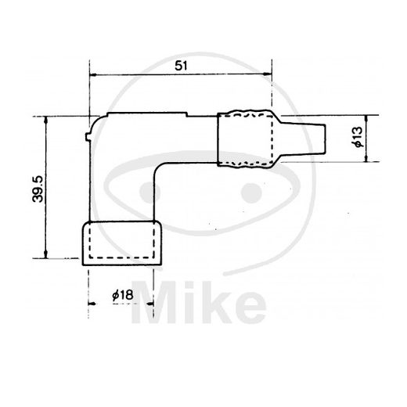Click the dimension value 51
coord(181,66)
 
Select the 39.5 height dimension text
coord(38,189)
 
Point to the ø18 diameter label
coord(123,295)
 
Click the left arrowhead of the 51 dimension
coord(93,75)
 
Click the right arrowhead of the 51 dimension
coord(268,74)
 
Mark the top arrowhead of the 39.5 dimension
coord(46,121)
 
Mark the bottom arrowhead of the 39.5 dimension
coord(46,254)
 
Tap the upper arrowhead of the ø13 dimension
coord(366,119)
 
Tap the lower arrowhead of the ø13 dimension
coord(366,158)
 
